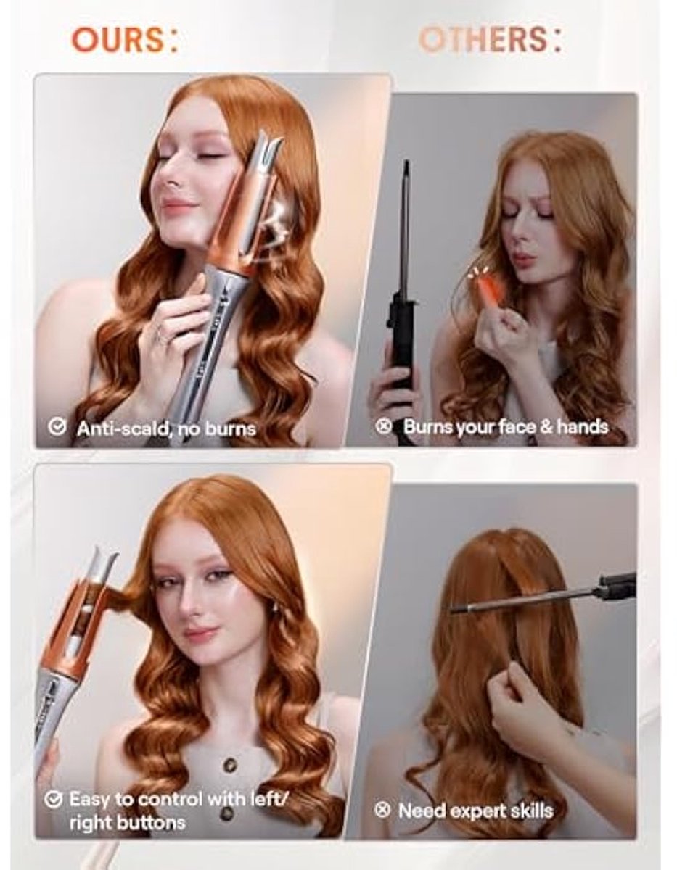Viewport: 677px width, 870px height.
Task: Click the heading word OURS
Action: pyautogui.click(x=117, y=41)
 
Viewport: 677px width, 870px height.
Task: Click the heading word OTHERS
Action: pyautogui.click(x=483, y=41)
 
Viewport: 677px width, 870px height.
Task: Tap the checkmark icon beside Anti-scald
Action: pyautogui.click(x=57, y=427)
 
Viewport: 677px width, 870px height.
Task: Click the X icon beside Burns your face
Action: pyautogui.click(x=383, y=426)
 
